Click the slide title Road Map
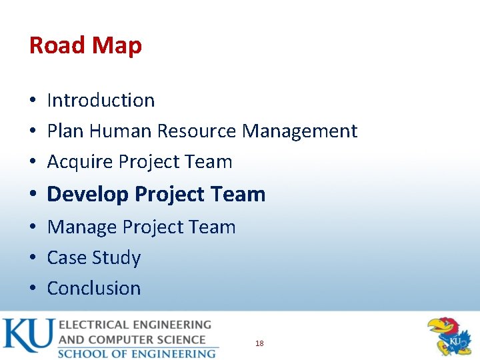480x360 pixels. point(85,45)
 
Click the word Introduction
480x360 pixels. point(101,100)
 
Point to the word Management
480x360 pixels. point(299,131)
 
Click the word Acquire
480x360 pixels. point(80,161)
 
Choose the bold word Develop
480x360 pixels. point(88,194)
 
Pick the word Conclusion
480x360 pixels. point(94,288)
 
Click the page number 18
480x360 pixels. point(259,343)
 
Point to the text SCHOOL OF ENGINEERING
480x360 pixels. point(137,353)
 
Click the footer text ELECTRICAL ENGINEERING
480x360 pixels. point(135,325)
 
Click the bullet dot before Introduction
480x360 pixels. point(32,101)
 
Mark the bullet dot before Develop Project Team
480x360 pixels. point(32,195)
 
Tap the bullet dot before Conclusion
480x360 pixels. point(32,289)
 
